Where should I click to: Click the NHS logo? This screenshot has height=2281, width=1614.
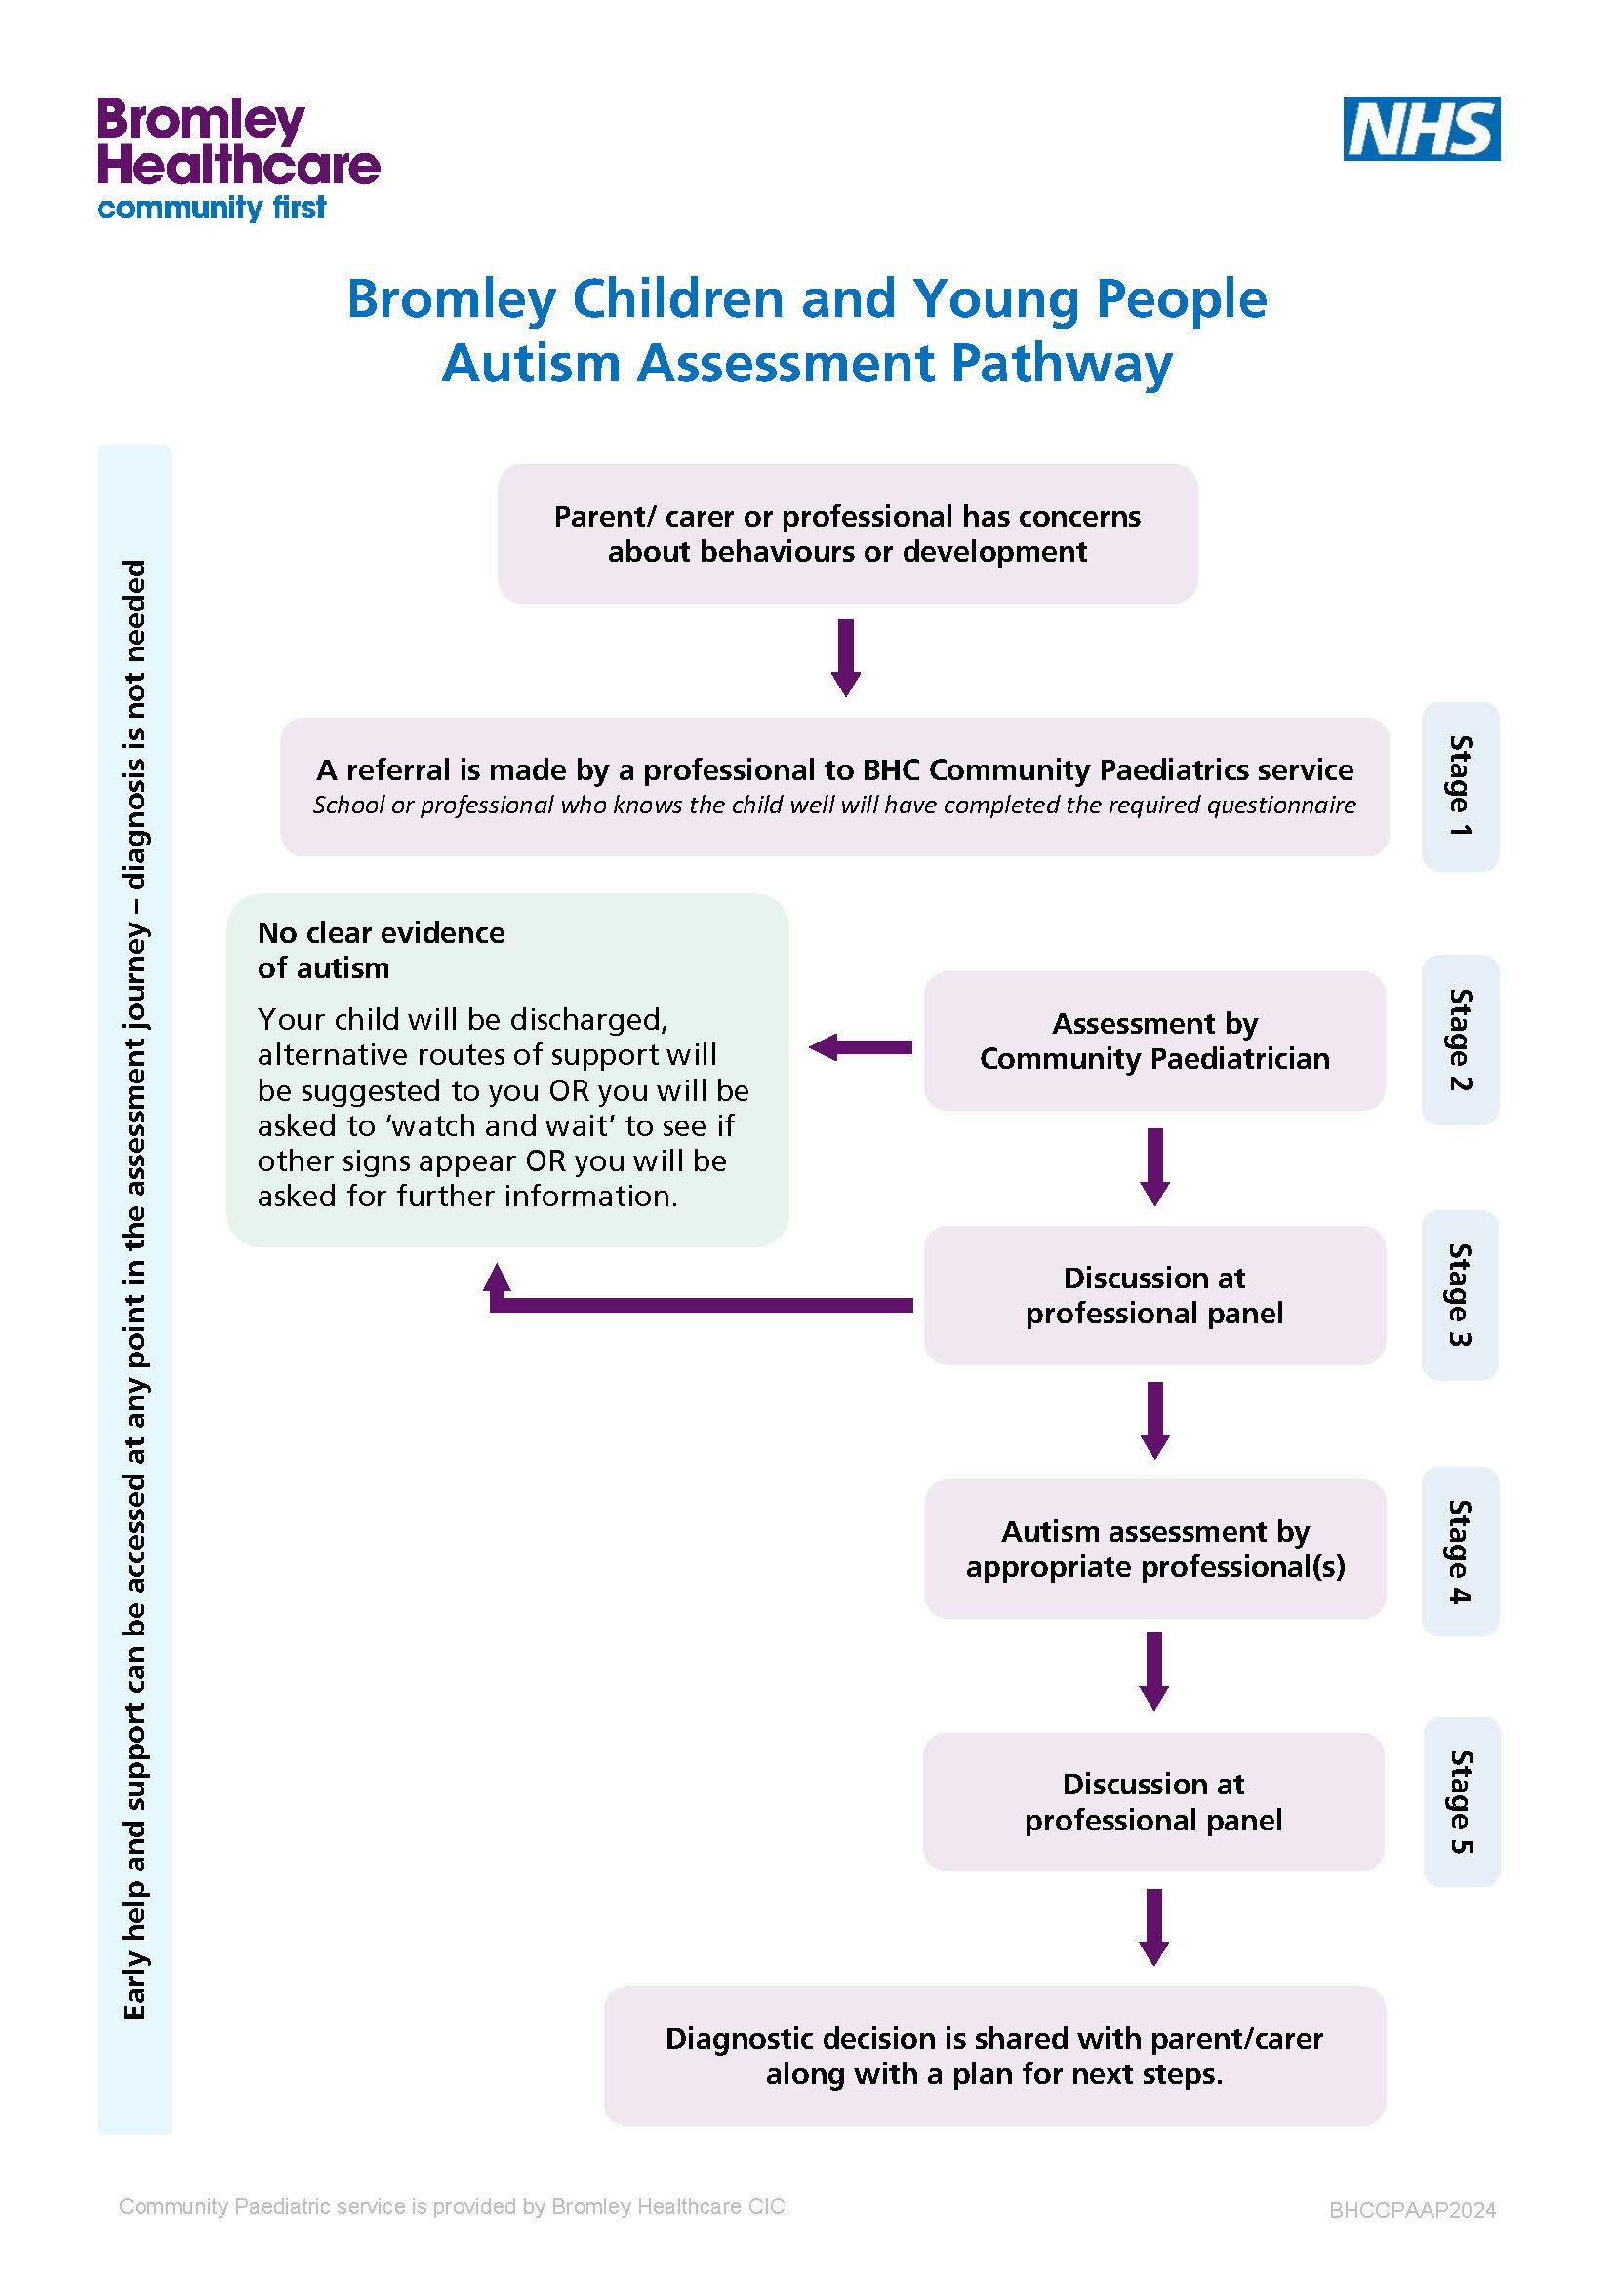pos(1421,128)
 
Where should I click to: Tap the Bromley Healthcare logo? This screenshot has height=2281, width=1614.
pos(238,159)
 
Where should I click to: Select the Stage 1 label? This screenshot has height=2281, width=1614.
pos(1460,786)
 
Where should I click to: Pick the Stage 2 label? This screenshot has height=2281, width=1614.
pos(1460,1040)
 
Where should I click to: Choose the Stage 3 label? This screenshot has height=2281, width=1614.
pos(1460,1294)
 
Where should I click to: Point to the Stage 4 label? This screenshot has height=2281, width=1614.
pos(1460,1551)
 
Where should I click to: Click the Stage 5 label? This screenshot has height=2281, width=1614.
pos(1461,1801)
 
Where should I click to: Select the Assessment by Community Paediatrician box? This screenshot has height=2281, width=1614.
pos(1153,1041)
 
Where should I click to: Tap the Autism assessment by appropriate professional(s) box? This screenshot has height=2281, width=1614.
pos(1154,1549)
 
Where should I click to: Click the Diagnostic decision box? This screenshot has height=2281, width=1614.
pos(994,2056)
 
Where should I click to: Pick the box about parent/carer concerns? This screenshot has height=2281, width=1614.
pos(848,533)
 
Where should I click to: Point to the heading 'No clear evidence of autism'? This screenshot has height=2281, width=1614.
pos(382,950)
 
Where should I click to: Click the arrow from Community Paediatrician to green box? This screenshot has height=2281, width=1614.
pos(861,1047)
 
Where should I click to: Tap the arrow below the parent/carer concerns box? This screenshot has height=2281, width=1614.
pos(846,657)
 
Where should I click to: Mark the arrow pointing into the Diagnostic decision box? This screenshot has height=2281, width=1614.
pos(1153,1927)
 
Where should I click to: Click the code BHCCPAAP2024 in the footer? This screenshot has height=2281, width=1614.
pos(1412,2210)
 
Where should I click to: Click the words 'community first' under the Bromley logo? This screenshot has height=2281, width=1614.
pos(212,208)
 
